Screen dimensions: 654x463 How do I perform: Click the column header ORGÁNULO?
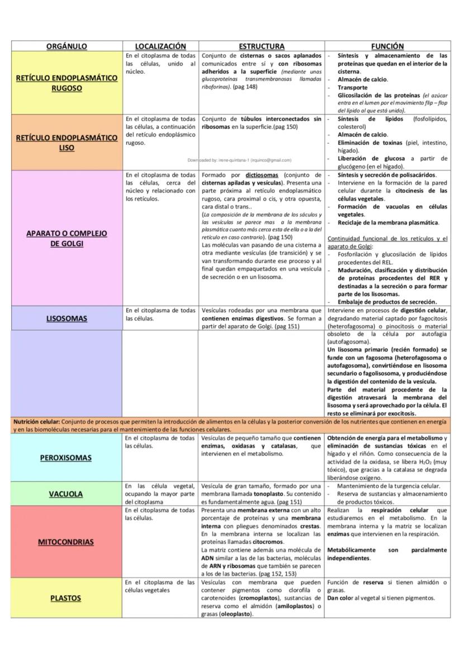[x=67, y=46]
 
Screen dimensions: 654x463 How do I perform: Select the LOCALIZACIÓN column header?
[x=160, y=46]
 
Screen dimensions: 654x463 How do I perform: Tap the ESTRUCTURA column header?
[x=262, y=46]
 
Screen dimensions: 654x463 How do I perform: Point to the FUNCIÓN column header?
[x=388, y=46]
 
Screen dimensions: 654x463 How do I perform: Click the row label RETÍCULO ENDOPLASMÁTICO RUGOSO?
[x=67, y=83]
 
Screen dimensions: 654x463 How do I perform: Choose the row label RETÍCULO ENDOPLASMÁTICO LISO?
[x=67, y=143]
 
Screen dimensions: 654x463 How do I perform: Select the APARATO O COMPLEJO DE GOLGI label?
[x=67, y=238]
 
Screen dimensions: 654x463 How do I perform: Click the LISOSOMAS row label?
[x=67, y=319]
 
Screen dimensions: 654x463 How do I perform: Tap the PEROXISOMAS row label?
[x=66, y=458]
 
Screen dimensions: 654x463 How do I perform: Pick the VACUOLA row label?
[x=66, y=494]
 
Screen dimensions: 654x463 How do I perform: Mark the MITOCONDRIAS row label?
[x=66, y=542]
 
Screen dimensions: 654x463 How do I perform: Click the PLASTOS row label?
[x=66, y=598]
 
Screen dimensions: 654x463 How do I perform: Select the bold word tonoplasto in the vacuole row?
[x=254, y=495]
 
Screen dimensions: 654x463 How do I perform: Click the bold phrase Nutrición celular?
[x=36, y=421]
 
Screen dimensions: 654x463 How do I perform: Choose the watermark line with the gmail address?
[x=239, y=160]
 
